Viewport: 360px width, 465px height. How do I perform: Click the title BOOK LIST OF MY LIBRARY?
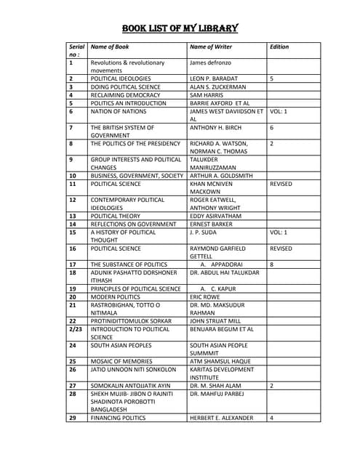[x=180, y=29]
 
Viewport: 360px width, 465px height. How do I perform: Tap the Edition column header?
[x=279, y=46]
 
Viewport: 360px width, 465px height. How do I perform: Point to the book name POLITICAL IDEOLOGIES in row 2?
[x=121, y=78]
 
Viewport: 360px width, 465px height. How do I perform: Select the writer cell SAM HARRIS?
[x=207, y=94]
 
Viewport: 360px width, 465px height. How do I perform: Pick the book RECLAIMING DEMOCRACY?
[x=125, y=94]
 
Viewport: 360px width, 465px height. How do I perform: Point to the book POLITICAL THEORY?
[x=116, y=216]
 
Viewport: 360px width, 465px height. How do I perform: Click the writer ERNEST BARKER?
[x=212, y=224]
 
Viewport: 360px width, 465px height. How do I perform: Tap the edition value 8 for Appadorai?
[x=271, y=264]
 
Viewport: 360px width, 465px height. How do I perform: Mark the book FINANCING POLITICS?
[x=118, y=418]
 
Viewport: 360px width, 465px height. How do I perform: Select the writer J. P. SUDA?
[x=205, y=232]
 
